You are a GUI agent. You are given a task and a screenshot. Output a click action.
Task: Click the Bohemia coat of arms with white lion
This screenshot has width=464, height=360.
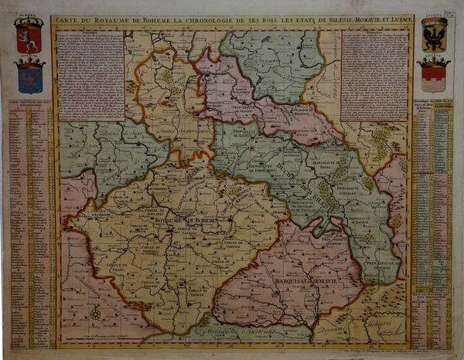(x=29, y=36)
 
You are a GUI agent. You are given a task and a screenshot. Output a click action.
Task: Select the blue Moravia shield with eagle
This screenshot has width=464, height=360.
(x=29, y=76)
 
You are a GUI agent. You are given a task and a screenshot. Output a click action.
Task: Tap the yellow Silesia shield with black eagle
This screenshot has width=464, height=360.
(x=434, y=35)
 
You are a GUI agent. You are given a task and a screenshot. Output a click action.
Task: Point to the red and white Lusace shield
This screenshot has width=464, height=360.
(x=434, y=76)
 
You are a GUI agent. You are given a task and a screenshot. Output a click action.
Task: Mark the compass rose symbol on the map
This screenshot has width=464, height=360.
(x=95, y=314)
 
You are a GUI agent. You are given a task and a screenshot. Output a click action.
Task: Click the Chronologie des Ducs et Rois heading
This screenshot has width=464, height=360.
(x=432, y=104)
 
